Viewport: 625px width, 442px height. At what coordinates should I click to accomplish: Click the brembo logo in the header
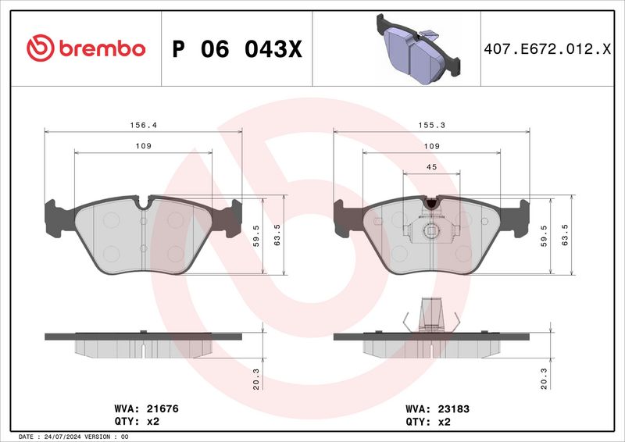[x=85, y=48]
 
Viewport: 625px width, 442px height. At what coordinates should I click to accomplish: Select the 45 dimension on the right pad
[x=430, y=166]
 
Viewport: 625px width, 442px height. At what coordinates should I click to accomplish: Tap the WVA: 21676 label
[x=141, y=408]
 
